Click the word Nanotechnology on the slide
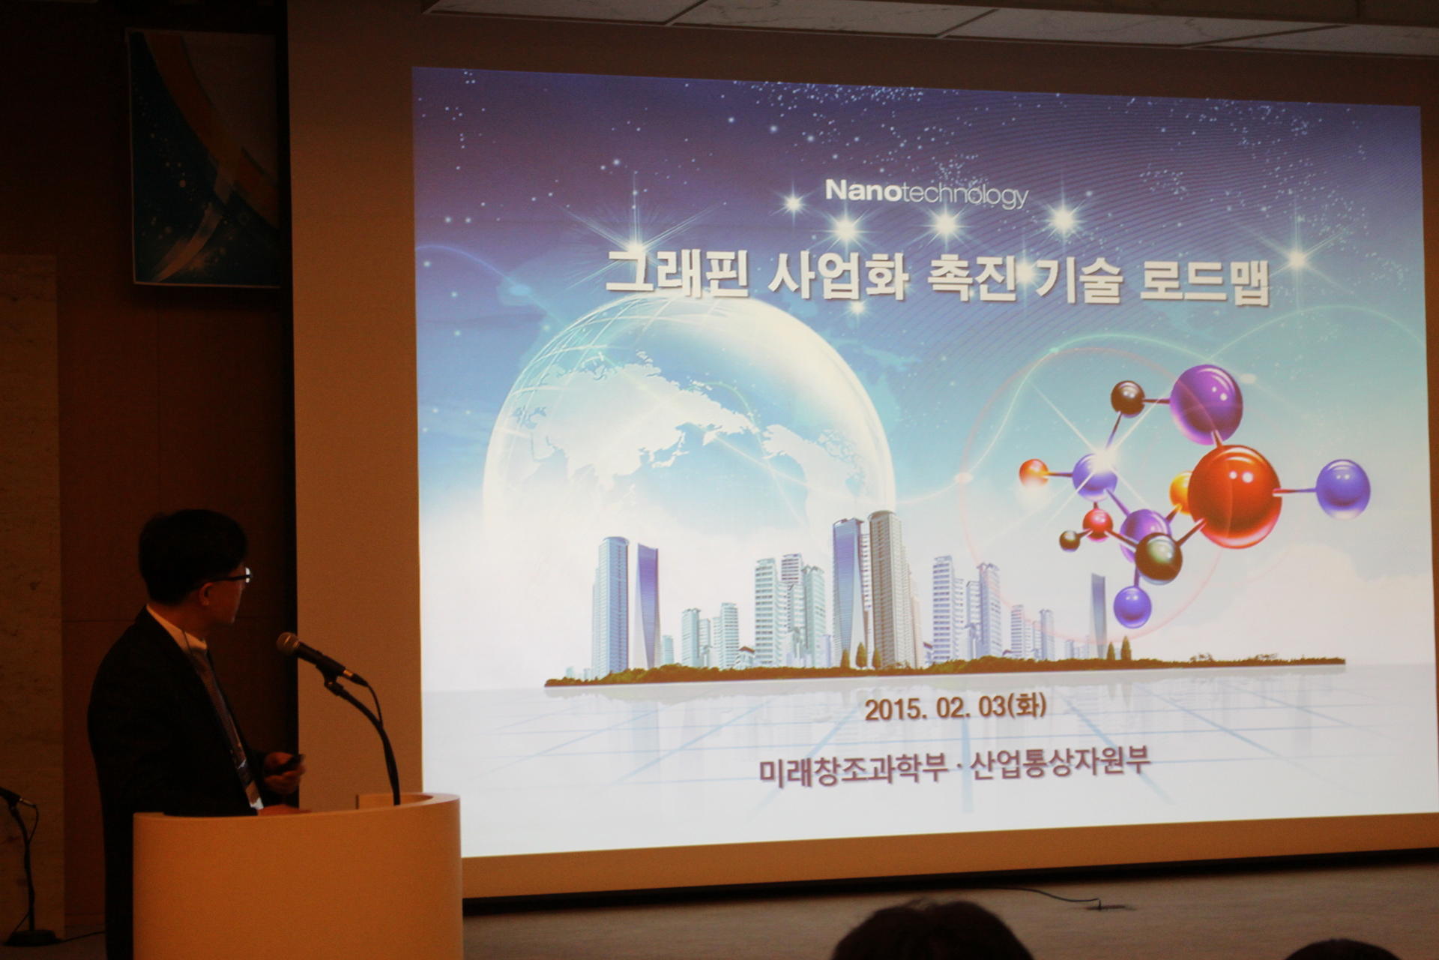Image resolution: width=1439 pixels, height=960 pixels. pyautogui.click(x=926, y=193)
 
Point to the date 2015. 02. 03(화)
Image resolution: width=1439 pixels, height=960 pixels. pyautogui.click(x=956, y=707)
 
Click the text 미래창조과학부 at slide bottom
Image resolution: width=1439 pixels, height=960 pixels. pyautogui.click(x=853, y=769)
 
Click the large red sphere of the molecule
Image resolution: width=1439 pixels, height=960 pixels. pyautogui.click(x=1234, y=496)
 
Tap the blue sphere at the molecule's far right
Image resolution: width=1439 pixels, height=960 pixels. pyautogui.click(x=1343, y=489)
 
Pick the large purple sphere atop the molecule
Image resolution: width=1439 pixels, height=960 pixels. pyautogui.click(x=1206, y=403)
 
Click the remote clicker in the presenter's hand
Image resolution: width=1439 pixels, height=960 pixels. pyautogui.click(x=290, y=763)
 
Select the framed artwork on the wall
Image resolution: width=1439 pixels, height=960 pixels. pyautogui.click(x=205, y=157)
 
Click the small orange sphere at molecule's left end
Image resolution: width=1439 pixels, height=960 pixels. pyautogui.click(x=1034, y=472)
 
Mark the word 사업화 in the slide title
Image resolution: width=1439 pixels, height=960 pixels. pyautogui.click(x=839, y=274)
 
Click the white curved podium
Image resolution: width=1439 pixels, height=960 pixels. pyautogui.click(x=298, y=876)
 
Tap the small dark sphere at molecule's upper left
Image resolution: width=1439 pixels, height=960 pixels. pyautogui.click(x=1127, y=397)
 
